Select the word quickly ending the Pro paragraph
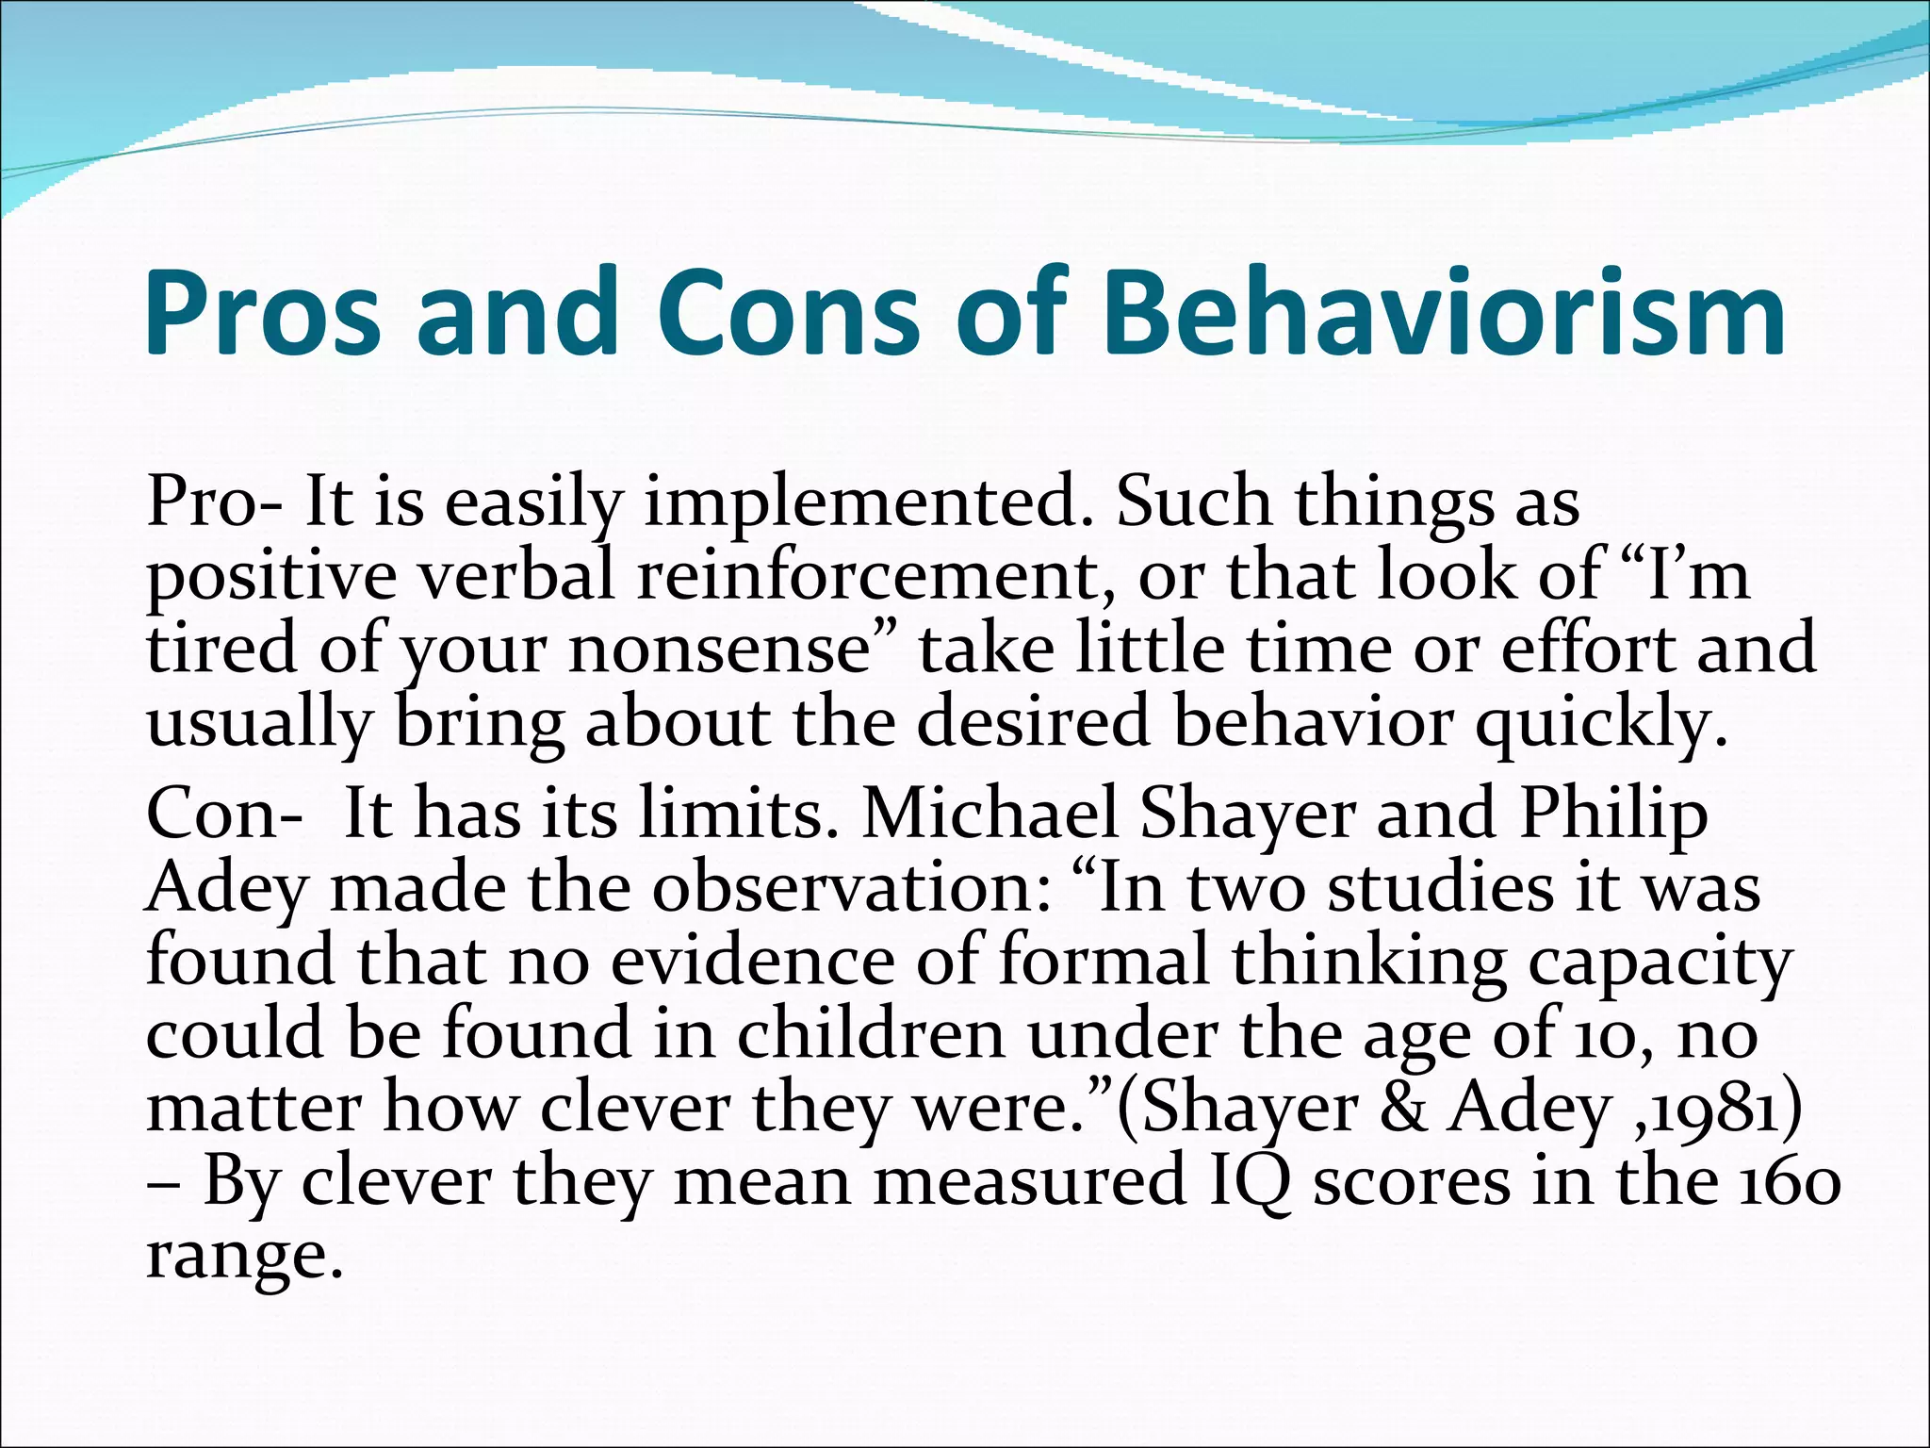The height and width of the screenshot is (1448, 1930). point(1602,723)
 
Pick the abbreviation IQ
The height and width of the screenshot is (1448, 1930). point(1250,1182)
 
